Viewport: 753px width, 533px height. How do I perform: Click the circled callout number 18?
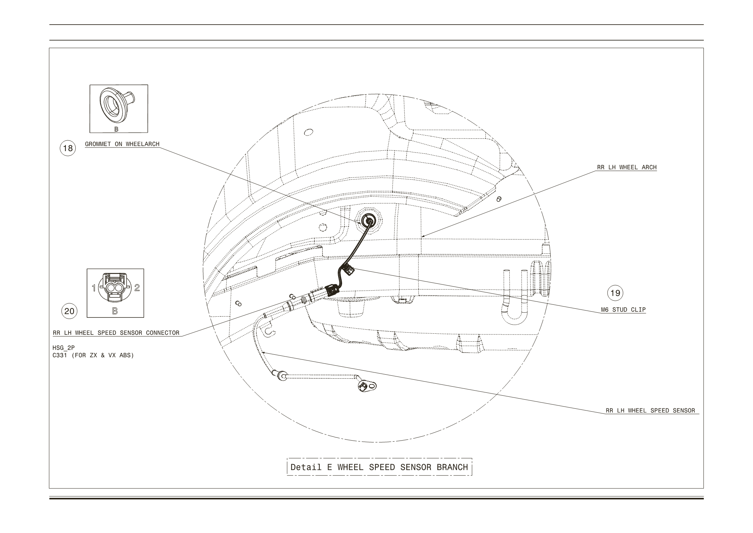click(68, 148)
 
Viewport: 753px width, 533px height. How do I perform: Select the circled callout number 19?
click(615, 293)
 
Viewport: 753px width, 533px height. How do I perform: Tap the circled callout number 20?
click(69, 311)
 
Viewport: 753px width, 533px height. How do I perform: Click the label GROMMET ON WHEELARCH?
click(122, 144)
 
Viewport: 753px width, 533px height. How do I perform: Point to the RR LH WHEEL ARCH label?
click(627, 167)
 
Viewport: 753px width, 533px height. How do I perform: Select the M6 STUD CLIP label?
click(623, 310)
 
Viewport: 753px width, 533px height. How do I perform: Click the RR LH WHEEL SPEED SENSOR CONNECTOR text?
click(116, 333)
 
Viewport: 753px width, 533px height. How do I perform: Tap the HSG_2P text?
click(63, 348)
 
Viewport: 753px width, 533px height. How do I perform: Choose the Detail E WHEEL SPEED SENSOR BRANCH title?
click(379, 467)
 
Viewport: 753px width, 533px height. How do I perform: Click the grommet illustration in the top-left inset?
click(116, 103)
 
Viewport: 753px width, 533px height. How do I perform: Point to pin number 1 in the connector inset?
click(94, 288)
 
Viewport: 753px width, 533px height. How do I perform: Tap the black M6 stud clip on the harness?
click(348, 270)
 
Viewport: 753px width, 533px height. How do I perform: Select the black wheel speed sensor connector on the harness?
click(332, 290)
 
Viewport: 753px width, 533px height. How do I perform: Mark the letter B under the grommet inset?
click(116, 129)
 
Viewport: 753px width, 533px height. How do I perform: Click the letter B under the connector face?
click(115, 311)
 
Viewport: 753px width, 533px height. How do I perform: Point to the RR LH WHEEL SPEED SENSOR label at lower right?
click(650, 411)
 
